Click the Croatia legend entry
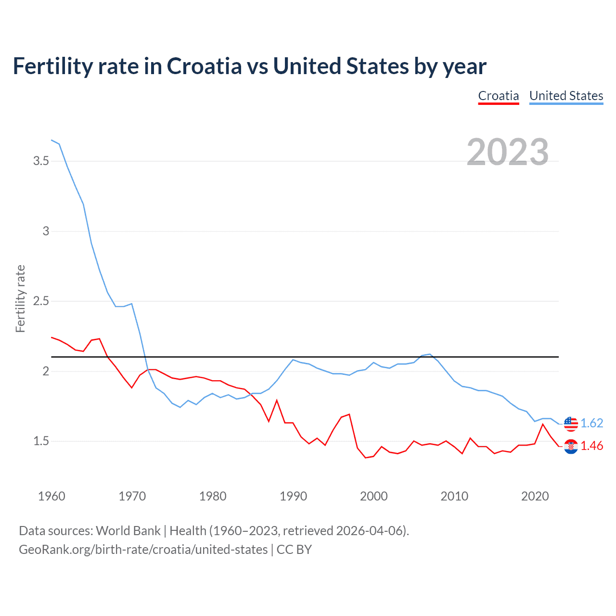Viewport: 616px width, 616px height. pos(498,96)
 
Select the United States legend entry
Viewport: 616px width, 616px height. pos(566,96)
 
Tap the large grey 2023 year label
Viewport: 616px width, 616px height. pos(508,152)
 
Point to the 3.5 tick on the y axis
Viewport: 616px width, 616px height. pos(41,161)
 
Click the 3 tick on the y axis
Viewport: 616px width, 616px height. pos(46,231)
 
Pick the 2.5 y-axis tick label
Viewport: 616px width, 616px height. pos(41,301)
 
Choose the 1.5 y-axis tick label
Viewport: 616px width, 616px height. pos(41,441)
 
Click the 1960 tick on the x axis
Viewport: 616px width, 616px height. pos(51,496)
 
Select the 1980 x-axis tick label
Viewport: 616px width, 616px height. pos(213,496)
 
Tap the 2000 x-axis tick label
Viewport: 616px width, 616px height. pos(373,496)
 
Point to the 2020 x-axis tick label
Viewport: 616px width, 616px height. pos(535,496)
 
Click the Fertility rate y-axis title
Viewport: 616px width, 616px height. pos(20,298)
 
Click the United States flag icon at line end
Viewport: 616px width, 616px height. pos(571,423)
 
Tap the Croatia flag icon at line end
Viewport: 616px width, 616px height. pos(571,447)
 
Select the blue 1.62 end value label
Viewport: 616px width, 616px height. pos(591,423)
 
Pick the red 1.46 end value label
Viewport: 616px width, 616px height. pos(591,446)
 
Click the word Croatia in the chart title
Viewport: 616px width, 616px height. pos(204,66)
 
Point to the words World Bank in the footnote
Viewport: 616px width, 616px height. pos(128,531)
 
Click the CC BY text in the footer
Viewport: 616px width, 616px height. pos(294,550)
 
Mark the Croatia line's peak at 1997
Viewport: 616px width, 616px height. pos(349,414)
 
